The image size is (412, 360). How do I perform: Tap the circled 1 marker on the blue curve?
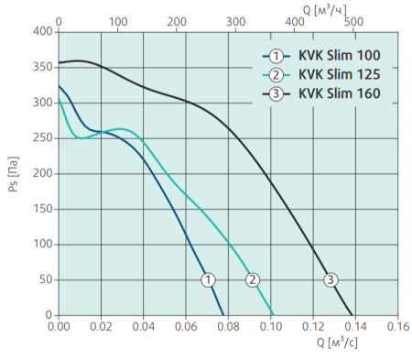pos(208,279)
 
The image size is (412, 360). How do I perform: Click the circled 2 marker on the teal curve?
pos(254,279)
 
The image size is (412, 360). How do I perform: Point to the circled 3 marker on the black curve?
pos(331,279)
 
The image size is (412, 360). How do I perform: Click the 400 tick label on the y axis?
pos(43,31)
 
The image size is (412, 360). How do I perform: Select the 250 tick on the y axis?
pos(43,137)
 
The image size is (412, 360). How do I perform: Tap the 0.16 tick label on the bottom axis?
pos(397,325)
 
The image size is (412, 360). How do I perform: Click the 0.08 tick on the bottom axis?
pos(228,325)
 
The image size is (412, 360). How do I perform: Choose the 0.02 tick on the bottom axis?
pos(101,325)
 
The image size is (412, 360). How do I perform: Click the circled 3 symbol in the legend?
pos(276,93)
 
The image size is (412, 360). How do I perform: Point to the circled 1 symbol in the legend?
pos(276,55)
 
